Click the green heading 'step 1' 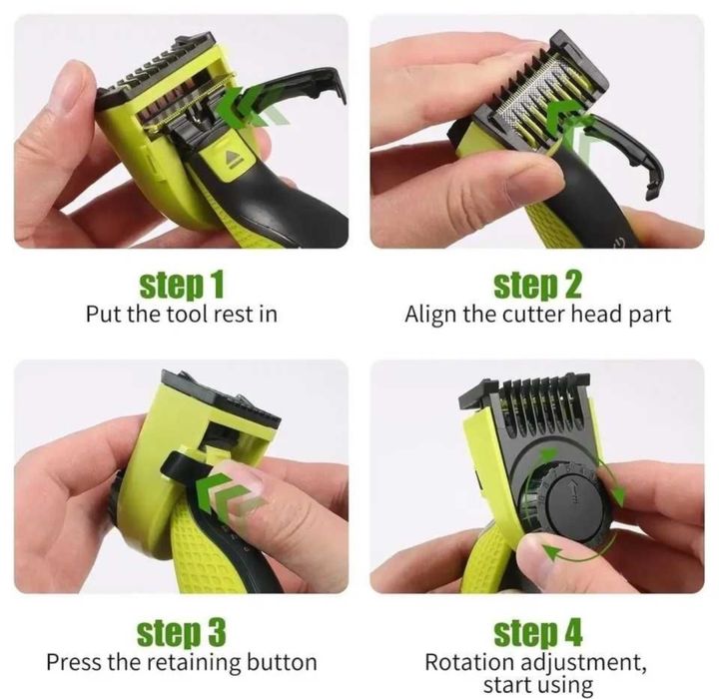coord(182,285)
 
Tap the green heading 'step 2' coord(537,285)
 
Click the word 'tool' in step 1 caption coord(185,315)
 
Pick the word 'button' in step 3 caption coord(282,662)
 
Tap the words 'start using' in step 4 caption coord(537,685)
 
